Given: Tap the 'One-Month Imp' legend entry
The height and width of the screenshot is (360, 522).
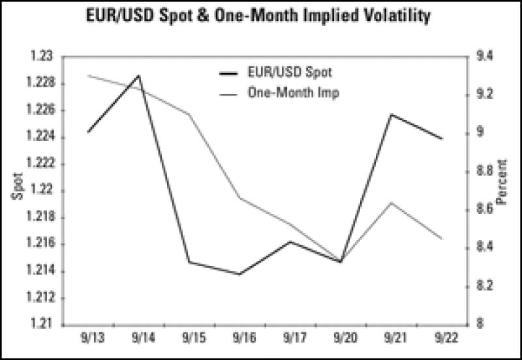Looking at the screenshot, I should tap(294, 93).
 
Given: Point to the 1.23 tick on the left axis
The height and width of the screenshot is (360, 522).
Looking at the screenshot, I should tap(42, 57).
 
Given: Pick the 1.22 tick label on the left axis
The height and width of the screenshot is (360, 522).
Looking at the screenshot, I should tap(42, 190).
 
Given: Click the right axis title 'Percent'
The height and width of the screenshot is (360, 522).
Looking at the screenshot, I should tap(502, 189).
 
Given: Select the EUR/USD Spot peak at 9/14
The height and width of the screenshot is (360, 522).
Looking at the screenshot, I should tap(138, 76).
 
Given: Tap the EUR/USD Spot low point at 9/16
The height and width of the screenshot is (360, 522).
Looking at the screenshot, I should tap(239, 274).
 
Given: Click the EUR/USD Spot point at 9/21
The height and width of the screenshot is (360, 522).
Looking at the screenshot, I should tap(391, 114).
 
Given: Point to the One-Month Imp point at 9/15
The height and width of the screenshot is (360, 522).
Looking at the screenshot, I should tap(189, 114).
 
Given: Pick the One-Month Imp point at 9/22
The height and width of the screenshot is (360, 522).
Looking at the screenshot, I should tap(442, 238).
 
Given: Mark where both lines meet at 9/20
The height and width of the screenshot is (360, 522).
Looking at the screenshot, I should tap(340, 262).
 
